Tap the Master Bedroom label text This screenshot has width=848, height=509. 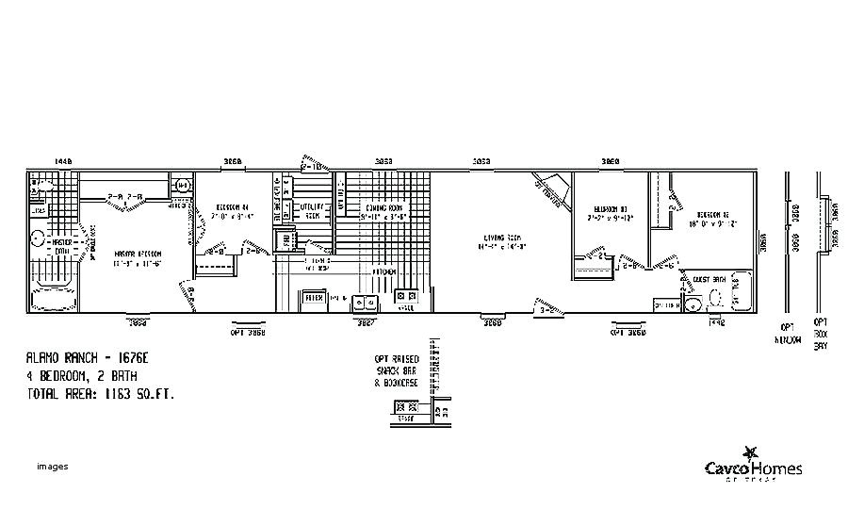click(138, 255)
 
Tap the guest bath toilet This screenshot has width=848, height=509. click(718, 299)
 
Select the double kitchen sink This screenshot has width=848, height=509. click(366, 302)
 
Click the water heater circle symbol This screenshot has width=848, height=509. click(182, 184)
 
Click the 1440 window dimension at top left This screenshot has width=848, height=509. click(63, 162)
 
